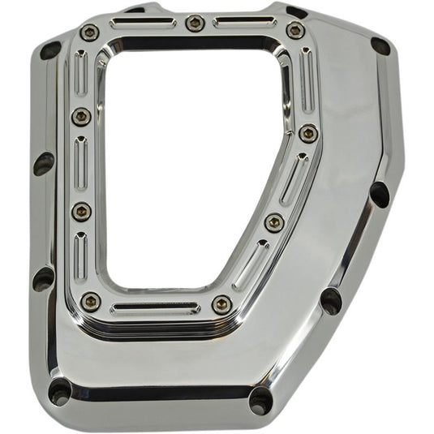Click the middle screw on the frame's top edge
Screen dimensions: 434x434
(194, 23)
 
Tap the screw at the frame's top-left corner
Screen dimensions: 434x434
(89, 33)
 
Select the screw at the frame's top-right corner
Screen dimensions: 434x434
(294, 31)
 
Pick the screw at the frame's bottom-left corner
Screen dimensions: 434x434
(91, 302)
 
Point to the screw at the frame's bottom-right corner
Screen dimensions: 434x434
(221, 304)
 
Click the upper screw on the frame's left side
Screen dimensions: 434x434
(81, 117)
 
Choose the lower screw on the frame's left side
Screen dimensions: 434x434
(82, 211)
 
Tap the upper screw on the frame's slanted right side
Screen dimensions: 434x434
(307, 133)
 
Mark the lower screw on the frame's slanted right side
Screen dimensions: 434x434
(274, 221)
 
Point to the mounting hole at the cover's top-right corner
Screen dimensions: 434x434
(380, 46)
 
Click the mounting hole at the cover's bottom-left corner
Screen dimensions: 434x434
(61, 392)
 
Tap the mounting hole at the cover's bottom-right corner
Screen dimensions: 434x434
(261, 399)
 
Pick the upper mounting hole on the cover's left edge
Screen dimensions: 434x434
(44, 163)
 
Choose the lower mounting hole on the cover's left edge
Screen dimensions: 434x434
(44, 278)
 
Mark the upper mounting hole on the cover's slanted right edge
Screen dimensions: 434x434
(379, 194)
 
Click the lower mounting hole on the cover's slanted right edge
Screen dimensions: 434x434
(331, 300)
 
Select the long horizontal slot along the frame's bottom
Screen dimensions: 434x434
(154, 308)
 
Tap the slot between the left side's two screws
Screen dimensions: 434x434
(81, 163)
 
